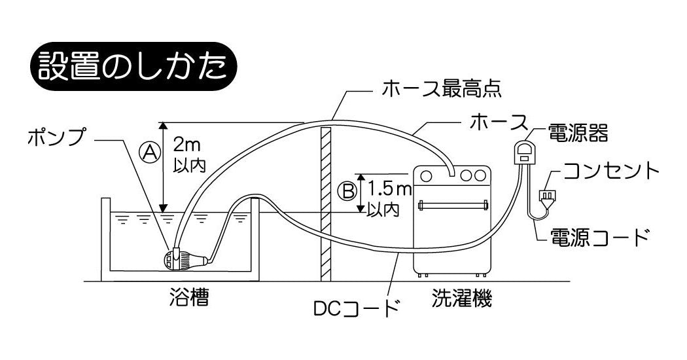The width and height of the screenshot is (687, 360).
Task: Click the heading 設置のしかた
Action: tap(133, 67)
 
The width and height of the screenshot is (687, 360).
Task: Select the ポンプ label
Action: tap(56, 137)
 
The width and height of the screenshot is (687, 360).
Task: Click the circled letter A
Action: tap(150, 153)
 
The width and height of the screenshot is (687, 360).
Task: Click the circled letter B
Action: tap(346, 191)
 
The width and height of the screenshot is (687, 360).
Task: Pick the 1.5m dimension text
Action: tap(388, 190)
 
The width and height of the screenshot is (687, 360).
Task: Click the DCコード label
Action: tap(357, 307)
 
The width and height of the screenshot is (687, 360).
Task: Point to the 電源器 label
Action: tap(578, 134)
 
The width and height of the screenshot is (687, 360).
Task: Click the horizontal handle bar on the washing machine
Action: tap(454, 205)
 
